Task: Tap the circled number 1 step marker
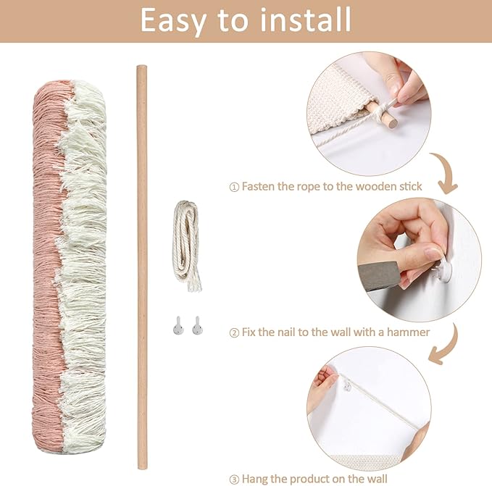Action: [x=233, y=187]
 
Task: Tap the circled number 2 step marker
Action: [x=233, y=332]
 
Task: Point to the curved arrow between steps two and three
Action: [x=443, y=344]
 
